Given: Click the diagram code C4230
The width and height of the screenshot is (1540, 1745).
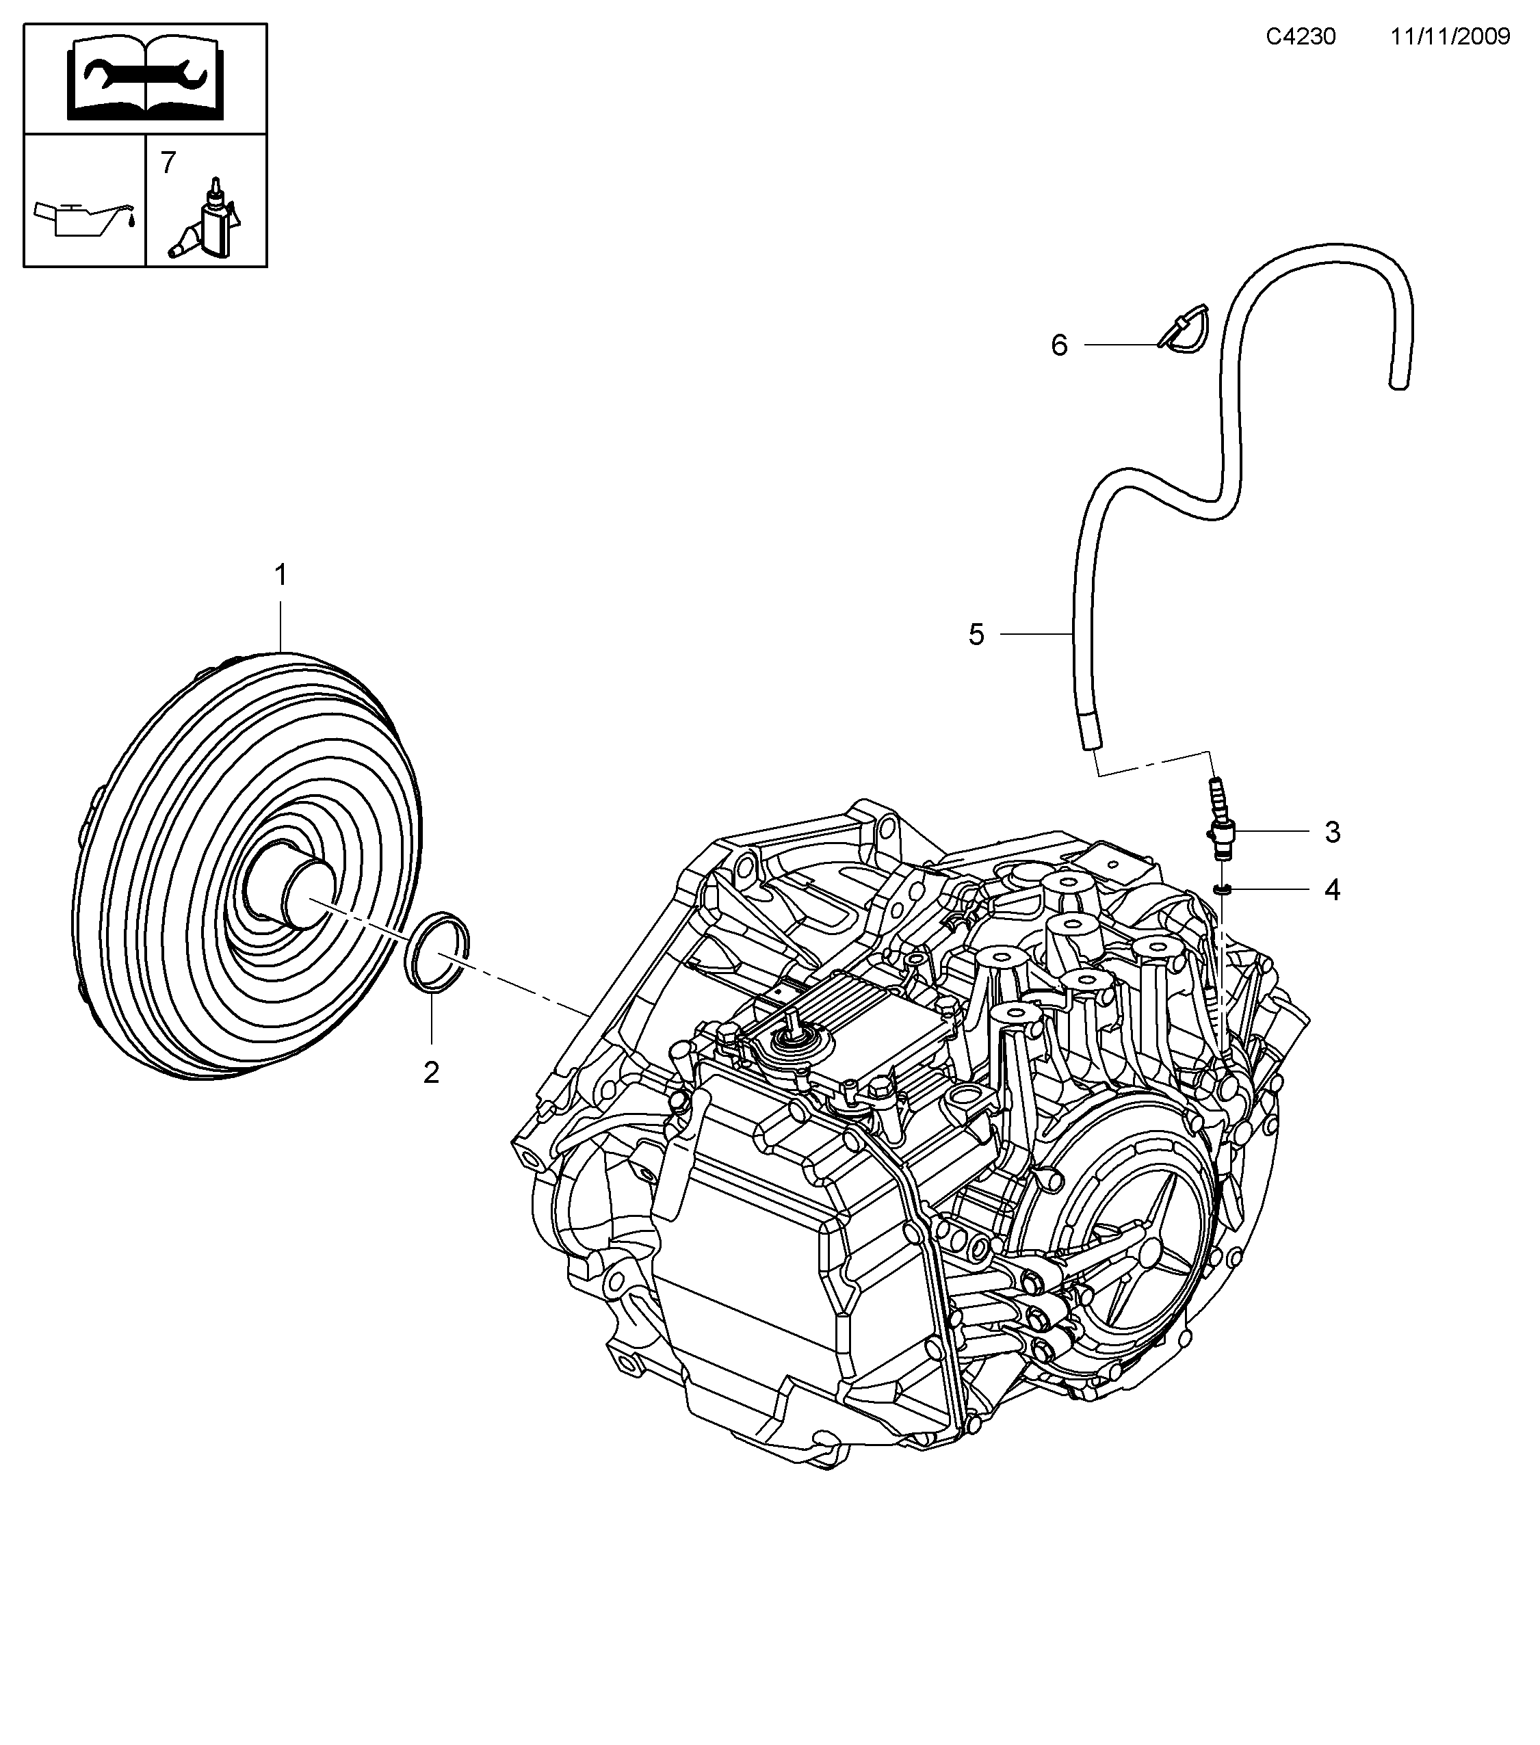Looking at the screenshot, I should pos(1300,37).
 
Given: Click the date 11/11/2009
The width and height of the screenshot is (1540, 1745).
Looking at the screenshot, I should pos(1450,37).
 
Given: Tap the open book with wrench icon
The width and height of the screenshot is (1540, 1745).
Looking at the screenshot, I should pos(145,79).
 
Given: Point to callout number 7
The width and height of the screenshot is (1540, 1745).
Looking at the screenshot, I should pos(168,161).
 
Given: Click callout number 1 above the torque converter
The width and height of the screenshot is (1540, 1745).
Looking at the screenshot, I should pos(280,575).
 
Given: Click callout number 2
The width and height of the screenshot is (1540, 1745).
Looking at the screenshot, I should pos(431,1073).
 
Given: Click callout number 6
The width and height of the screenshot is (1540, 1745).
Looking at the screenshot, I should pos(1058,345).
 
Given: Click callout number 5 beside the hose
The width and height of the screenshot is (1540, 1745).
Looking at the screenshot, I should pos(976,634).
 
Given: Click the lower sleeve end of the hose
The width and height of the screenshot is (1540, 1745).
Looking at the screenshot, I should pos(1089,734).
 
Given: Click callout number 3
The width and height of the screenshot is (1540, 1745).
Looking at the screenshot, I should pos(1332,832).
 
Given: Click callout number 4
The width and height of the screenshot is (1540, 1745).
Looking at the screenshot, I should pos(1332,891).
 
